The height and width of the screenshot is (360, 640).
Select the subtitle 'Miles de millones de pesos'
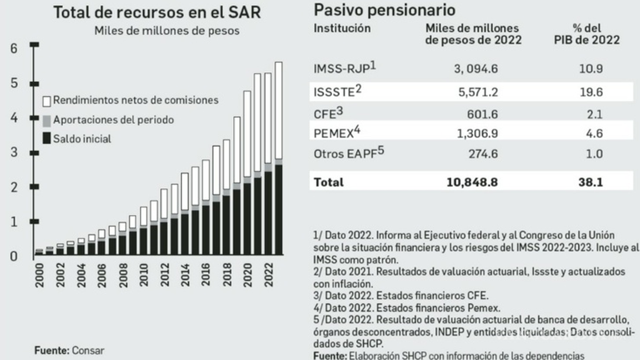coord(167,31)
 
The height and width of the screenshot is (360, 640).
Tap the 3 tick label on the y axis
coord(14,152)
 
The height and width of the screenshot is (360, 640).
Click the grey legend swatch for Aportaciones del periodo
coord(47,120)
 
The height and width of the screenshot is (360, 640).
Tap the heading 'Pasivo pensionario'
coord(384,9)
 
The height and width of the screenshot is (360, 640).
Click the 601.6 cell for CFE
coord(483,114)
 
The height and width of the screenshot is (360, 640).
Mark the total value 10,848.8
coord(472,182)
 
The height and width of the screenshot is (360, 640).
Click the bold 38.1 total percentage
coord(595,182)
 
